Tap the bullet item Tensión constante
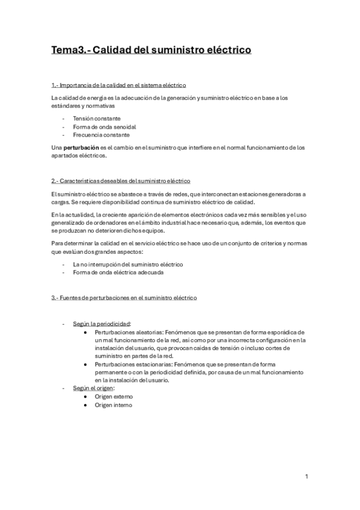click(96, 118)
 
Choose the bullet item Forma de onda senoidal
click(104, 127)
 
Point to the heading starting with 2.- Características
click(121, 180)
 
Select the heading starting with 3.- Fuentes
click(123, 298)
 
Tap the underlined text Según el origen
click(94, 388)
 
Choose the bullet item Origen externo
click(114, 396)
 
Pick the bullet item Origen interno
click(114, 405)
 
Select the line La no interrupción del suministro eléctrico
click(128, 264)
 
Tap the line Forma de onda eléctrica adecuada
click(117, 272)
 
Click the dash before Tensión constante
click(63, 118)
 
